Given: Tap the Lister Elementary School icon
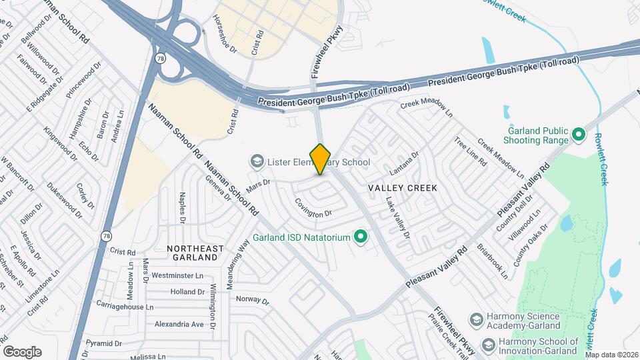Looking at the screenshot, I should point(256,161).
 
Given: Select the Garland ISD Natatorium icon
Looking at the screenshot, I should point(361,237).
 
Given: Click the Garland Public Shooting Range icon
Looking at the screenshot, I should point(578,135).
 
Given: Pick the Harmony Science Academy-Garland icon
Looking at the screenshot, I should point(476,319).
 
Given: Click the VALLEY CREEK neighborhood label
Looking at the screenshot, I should point(403,188).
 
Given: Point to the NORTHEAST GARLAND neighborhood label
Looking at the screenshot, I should point(195,253).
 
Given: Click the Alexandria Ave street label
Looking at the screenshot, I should point(179,324).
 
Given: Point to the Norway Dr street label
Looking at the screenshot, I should point(252,301).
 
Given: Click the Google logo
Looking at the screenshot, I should point(22,351).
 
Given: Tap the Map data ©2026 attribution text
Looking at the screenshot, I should point(611,355).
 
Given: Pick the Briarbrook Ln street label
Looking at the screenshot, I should point(493,261).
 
